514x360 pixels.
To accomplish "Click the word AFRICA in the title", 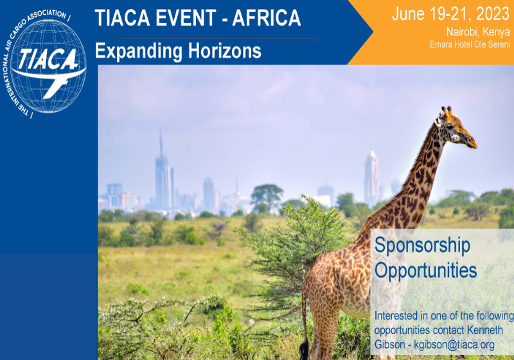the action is point(267,18).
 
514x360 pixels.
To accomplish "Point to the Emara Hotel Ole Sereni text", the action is point(470,44).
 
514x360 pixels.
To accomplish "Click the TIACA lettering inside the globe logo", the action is point(48,59).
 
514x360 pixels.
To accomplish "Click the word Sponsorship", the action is point(422,246).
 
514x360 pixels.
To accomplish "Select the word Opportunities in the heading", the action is point(425,271).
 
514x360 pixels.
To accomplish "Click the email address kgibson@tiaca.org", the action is point(454,345).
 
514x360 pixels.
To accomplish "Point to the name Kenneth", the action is point(485,330).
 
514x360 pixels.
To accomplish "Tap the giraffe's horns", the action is point(447,111).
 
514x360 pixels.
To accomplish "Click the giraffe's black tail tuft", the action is point(304,349).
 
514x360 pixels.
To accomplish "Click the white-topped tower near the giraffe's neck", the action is point(371,178).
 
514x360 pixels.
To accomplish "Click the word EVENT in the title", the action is point(186,18).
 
